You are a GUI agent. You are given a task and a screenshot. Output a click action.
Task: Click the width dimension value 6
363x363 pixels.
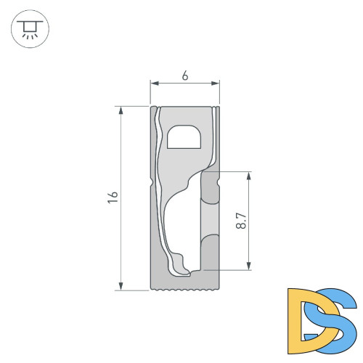[185, 76]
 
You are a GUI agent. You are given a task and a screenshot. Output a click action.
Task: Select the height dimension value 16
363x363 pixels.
[113, 197]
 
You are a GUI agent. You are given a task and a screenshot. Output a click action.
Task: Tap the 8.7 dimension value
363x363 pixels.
[241, 220]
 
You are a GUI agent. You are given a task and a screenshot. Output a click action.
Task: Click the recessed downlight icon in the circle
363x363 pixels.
[30, 30]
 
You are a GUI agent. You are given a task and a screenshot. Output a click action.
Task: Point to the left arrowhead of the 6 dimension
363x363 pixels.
[153, 83]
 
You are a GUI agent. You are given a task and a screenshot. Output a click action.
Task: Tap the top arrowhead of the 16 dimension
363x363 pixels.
[121, 110]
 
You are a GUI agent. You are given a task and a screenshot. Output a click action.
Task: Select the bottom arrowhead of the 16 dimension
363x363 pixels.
[121, 286]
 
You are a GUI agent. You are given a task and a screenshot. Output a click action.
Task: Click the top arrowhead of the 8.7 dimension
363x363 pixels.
[249, 175]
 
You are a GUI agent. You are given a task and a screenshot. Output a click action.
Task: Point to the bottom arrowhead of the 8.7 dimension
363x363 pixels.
[249, 266]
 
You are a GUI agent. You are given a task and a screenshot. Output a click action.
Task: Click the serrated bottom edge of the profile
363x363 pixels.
[184, 290]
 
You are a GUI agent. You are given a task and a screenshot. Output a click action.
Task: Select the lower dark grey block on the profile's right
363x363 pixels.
[209, 251]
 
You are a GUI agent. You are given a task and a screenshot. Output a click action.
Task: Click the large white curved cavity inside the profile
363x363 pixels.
[180, 225]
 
